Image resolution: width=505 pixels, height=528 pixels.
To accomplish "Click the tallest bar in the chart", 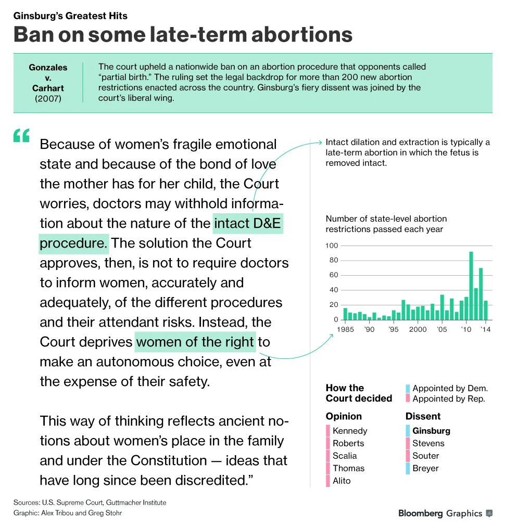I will [x=471, y=286].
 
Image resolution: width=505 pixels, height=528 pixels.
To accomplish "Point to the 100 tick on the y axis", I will [x=332, y=246].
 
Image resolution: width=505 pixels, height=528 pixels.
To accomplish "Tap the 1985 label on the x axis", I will [x=345, y=329].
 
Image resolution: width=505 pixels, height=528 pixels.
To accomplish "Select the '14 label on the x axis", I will [x=485, y=329].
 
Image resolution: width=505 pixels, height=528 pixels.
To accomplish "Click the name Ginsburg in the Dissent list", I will [x=431, y=431].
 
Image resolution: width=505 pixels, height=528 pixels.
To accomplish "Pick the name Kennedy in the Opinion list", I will [x=350, y=431].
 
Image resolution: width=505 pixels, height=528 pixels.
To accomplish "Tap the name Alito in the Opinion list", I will [x=342, y=481].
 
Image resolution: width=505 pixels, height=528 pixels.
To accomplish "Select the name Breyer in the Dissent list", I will [x=425, y=468].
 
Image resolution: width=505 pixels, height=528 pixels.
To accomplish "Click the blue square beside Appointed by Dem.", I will [x=408, y=388].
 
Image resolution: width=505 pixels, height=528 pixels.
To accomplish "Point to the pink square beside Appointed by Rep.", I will [x=408, y=398].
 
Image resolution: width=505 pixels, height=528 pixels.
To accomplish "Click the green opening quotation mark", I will [x=21, y=136].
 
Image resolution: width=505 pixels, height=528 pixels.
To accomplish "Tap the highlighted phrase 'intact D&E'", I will [x=248, y=224].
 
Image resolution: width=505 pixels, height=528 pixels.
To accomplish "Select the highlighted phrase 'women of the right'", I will [x=195, y=342].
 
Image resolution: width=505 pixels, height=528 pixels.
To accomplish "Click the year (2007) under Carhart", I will [x=48, y=98].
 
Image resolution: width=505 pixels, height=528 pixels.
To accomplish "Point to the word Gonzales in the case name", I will [x=48, y=68].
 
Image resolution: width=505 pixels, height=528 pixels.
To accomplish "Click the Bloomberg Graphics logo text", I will [x=440, y=513].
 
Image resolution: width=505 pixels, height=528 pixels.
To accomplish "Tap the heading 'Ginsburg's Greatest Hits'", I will [x=70, y=16].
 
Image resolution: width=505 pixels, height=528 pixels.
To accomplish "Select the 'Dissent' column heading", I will [x=423, y=416].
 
